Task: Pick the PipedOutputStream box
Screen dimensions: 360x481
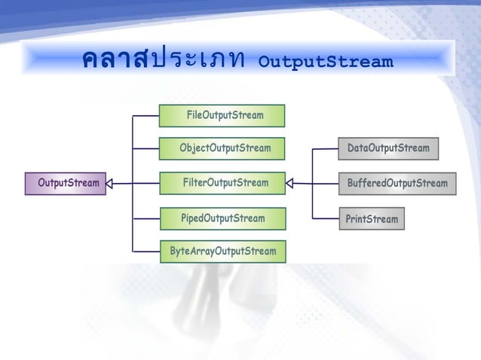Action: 222,218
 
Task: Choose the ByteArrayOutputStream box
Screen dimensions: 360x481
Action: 222,251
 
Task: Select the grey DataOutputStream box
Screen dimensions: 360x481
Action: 388,148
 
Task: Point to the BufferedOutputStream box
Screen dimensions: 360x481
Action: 397,183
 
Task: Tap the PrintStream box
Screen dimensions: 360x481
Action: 371,219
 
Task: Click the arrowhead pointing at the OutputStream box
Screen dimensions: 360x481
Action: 109,183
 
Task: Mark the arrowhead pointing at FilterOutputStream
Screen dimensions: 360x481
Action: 290,183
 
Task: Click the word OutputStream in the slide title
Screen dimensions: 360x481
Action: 325,61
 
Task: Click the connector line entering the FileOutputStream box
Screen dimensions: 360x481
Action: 146,116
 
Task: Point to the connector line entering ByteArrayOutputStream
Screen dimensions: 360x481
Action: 146,251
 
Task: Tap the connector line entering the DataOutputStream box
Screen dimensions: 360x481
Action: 325,148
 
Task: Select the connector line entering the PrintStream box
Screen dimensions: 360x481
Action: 325,219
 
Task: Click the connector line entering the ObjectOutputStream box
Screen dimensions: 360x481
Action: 146,148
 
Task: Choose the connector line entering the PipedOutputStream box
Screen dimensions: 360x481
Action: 146,218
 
